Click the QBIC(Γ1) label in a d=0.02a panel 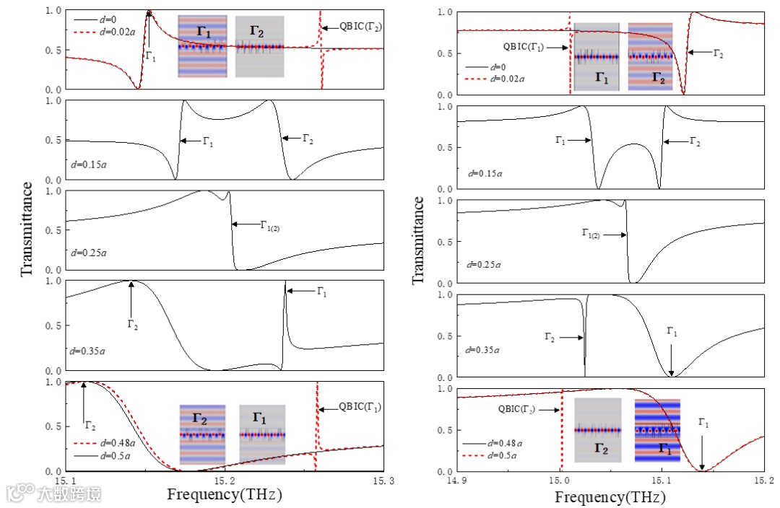tap(524, 48)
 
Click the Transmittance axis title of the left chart tap(27, 229)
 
